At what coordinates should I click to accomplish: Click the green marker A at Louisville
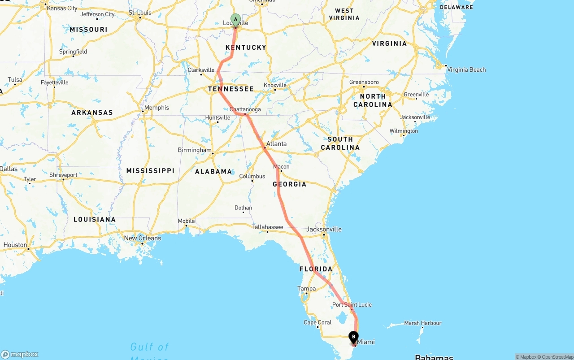click(x=235, y=20)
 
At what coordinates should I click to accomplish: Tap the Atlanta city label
click(x=276, y=144)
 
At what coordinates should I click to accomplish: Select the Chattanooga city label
click(x=245, y=109)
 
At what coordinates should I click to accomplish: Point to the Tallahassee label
click(x=267, y=227)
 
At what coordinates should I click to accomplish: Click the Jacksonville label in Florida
click(x=324, y=229)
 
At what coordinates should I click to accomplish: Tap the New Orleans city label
click(x=142, y=238)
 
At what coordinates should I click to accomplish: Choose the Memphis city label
click(x=157, y=108)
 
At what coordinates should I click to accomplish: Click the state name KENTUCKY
click(x=246, y=48)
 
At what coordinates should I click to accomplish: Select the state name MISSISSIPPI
click(x=150, y=171)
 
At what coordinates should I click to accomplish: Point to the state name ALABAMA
click(x=213, y=171)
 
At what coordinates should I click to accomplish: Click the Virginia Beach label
click(x=466, y=69)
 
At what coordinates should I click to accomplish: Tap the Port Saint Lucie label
click(x=352, y=305)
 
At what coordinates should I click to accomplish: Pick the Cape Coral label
click(x=317, y=322)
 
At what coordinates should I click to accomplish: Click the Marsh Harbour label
click(x=422, y=323)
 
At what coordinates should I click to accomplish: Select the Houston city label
click(x=15, y=245)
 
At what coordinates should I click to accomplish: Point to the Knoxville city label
click(x=275, y=85)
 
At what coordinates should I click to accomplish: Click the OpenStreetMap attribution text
click(x=556, y=357)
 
